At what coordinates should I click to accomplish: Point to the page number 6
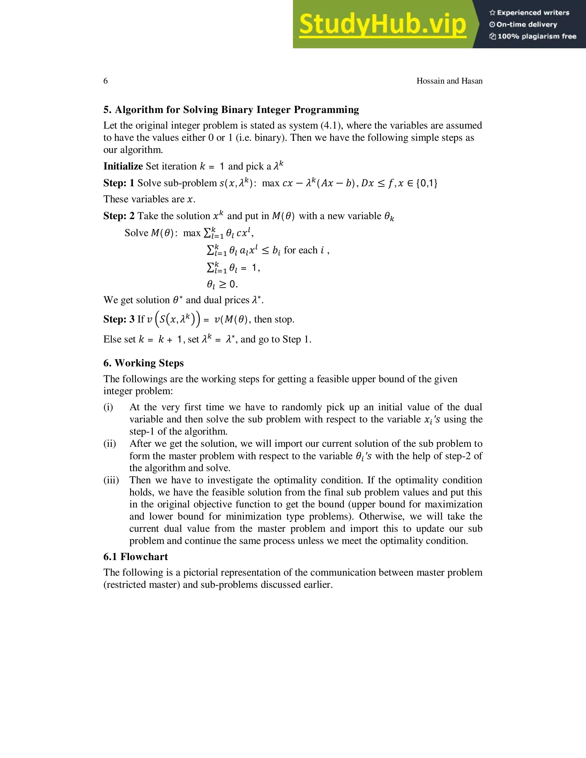106,81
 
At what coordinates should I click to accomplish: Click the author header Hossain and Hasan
449,81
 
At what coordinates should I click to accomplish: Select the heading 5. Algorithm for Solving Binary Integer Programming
231,110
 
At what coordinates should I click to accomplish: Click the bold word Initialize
123,166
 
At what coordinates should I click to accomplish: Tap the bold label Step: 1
119,183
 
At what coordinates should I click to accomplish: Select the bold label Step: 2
119,216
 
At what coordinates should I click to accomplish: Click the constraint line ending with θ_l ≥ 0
222,284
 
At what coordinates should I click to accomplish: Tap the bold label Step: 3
119,319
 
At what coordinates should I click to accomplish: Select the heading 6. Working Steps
143,363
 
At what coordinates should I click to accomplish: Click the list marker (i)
108,407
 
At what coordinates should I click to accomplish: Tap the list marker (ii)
110,444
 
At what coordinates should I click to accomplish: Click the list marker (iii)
111,480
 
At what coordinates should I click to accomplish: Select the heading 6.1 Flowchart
135,557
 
